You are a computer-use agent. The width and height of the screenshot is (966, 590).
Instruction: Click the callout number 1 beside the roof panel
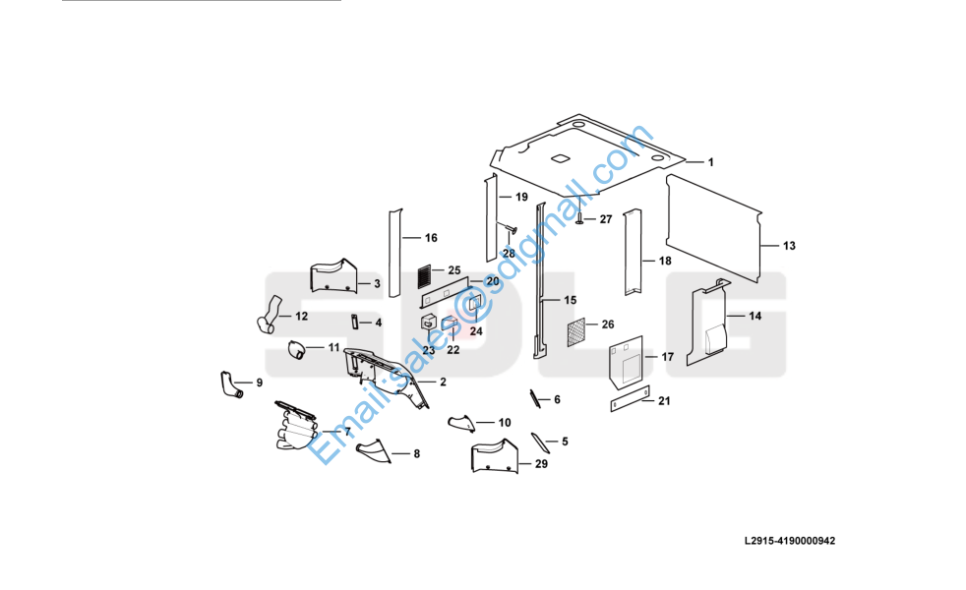[710, 162]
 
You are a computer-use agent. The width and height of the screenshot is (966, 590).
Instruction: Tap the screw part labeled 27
[579, 217]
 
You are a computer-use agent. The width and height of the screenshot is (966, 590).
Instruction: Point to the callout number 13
[789, 245]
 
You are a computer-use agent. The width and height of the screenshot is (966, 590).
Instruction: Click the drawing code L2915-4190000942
[790, 541]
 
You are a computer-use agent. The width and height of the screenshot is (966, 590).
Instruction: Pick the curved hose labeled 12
[267, 321]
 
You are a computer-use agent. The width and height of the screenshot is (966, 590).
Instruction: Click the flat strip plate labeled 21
[631, 400]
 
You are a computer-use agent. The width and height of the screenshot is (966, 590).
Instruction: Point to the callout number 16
[431, 238]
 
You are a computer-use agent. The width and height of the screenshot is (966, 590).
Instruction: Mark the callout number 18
[665, 262]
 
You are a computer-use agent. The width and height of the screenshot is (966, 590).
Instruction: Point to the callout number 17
[667, 357]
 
